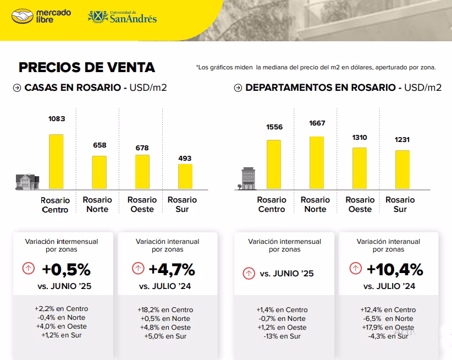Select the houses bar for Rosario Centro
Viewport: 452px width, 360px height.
point(56,161)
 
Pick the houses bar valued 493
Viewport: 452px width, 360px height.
point(185,176)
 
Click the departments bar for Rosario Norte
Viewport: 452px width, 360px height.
point(317,162)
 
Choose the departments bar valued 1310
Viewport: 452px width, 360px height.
point(360,168)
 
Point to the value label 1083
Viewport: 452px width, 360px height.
point(56,118)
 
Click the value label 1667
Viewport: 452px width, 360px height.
point(316,123)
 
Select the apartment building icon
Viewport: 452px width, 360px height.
point(249,178)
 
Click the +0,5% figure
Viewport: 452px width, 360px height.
point(66,270)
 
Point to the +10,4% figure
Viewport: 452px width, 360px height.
point(395,269)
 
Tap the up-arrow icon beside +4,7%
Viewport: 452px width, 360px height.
point(138,269)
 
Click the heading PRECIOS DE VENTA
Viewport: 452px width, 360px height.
point(87,68)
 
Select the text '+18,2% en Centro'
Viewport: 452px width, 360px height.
point(163,309)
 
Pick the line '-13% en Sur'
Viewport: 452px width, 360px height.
point(282,336)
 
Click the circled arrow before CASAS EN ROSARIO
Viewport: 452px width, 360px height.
point(17,88)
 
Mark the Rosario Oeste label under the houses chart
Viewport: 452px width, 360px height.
point(142,204)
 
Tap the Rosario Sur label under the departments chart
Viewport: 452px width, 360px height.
point(400,204)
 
